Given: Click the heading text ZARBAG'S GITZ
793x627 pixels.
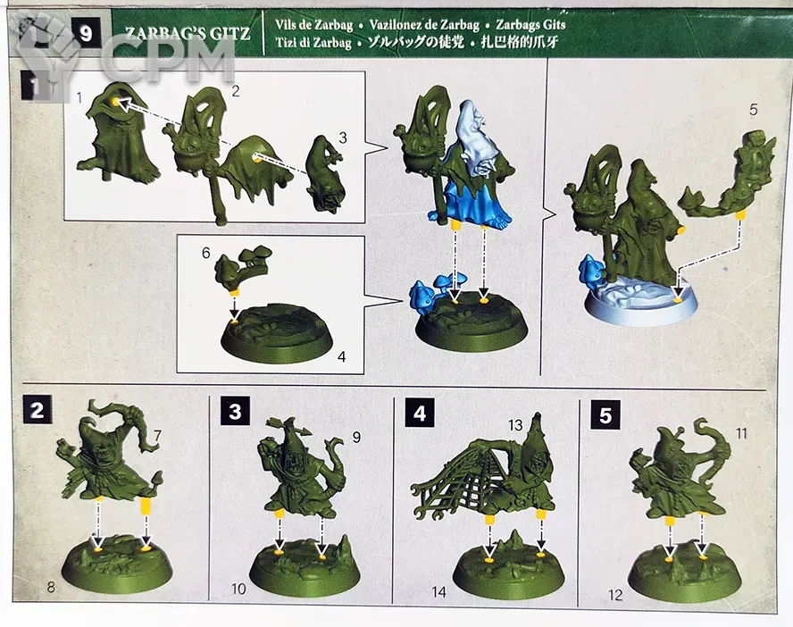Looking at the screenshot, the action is (x=188, y=33).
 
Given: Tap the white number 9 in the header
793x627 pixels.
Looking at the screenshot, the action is (x=86, y=34).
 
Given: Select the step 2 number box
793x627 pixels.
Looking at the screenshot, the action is (x=37, y=410).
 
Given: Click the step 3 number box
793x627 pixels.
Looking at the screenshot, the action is (x=235, y=411).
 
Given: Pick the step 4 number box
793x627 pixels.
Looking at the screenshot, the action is (x=420, y=414).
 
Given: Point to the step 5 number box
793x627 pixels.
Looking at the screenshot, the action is (x=605, y=415).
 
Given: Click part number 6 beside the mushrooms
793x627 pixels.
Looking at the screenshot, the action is (x=205, y=252).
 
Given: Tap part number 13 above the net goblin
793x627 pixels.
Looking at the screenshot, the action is (x=515, y=425).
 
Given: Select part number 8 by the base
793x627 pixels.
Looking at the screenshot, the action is (x=51, y=587).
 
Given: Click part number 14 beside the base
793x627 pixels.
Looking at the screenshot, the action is (x=439, y=591).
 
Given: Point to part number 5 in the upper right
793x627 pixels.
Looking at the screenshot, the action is (x=753, y=109).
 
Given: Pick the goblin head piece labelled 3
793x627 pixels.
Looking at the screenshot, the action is (x=326, y=174).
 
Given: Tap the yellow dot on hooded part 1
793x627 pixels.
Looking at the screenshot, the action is (x=116, y=102).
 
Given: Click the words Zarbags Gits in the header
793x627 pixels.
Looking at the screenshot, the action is (x=530, y=24).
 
